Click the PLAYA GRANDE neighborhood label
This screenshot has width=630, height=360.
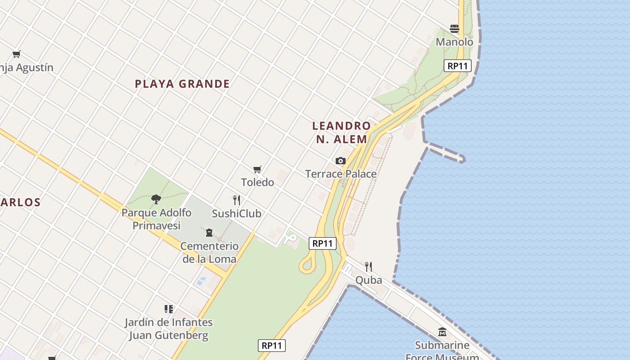[182, 84]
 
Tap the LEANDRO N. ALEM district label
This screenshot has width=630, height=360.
[342, 132]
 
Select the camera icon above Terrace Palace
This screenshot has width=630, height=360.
[341, 161]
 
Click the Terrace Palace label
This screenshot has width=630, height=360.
[341, 174]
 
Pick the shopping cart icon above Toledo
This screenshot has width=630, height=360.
[257, 169]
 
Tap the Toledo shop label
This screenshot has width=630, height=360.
[257, 182]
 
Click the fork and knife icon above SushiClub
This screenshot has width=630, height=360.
[236, 200]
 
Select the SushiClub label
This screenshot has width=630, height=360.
[236, 213]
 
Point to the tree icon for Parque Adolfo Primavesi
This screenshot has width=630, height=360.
[156, 199]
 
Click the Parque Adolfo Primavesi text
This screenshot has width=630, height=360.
[156, 219]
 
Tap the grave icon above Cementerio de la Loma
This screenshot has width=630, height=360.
[209, 233]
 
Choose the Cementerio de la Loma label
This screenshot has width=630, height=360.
[209, 252]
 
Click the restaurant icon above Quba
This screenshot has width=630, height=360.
[369, 267]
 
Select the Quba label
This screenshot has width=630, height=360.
[369, 280]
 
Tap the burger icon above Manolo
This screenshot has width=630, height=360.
[454, 29]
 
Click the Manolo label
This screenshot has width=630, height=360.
[454, 42]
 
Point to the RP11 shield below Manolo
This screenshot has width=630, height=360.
[457, 66]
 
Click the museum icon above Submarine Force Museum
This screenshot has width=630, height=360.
[442, 332]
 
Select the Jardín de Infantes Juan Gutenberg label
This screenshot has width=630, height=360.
[169, 329]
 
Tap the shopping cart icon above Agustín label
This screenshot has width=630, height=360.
[17, 54]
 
